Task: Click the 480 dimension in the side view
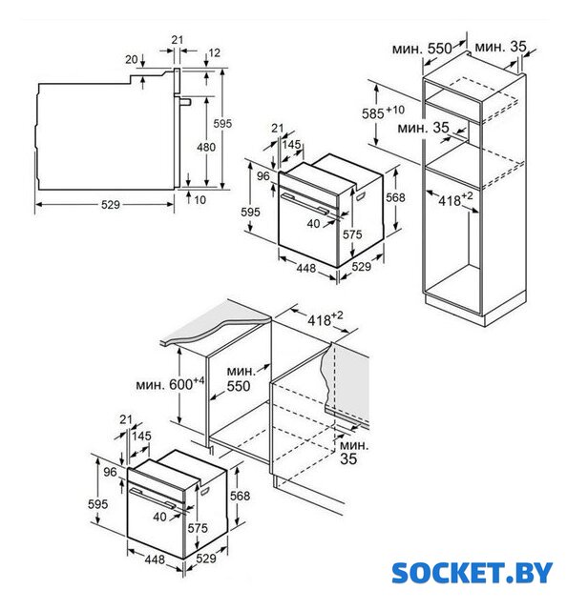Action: pyautogui.click(x=206, y=147)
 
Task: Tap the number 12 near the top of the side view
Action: pyautogui.click(x=215, y=52)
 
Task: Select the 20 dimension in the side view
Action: pyautogui.click(x=132, y=59)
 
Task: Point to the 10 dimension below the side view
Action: pyautogui.click(x=199, y=200)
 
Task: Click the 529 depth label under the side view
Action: pyautogui.click(x=111, y=205)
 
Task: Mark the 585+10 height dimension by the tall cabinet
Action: pyautogui.click(x=383, y=112)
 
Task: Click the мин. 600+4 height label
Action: pyautogui.click(x=170, y=383)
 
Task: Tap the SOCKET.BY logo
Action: pyautogui.click(x=472, y=573)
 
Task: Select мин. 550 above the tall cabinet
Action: pyautogui.click(x=422, y=49)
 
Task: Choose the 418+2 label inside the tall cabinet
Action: pyautogui.click(x=455, y=199)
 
